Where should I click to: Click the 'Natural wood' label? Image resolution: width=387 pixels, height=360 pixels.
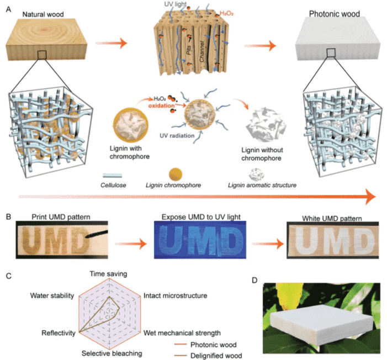[x=43, y=14]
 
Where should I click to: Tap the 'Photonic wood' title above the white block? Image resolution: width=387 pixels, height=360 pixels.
[x=335, y=14]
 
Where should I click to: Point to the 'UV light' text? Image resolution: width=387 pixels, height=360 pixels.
[x=175, y=4]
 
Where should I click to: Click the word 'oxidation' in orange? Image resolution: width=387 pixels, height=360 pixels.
[x=161, y=105]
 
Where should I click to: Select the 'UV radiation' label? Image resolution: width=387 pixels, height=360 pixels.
[x=177, y=136]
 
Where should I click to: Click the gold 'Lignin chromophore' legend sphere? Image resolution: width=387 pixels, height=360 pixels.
[x=176, y=174]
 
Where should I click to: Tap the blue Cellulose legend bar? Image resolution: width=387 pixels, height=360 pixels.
[x=112, y=176]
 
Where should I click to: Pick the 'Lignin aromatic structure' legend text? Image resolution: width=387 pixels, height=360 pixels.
[x=262, y=185]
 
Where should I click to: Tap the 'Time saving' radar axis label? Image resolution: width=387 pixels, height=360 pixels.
[x=108, y=274]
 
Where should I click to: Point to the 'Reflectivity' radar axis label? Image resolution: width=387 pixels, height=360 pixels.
[x=59, y=333]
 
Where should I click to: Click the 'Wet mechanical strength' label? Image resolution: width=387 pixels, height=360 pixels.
[x=182, y=333]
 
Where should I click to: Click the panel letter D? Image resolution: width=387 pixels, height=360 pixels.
[x=255, y=280]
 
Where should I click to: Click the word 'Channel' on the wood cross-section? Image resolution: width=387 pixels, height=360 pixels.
[x=202, y=51]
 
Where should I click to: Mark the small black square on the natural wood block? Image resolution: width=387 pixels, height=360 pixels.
[x=42, y=55]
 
